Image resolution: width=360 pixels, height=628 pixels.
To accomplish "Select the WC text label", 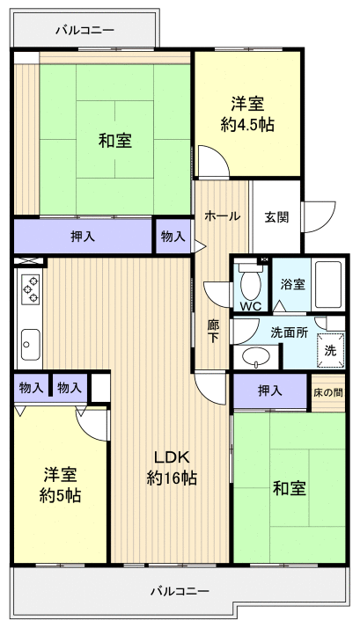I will [x=250, y=306].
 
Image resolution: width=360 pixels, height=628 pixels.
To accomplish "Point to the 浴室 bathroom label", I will [x=293, y=284].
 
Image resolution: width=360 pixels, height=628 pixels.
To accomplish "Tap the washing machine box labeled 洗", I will [x=330, y=349].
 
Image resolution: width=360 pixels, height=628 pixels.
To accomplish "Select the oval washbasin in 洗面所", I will [x=257, y=357].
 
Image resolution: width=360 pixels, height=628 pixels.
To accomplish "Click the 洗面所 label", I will [x=289, y=332].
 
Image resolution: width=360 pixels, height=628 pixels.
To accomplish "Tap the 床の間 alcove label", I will [x=327, y=391].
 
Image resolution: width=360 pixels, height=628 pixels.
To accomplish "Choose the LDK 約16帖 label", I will [x=172, y=467].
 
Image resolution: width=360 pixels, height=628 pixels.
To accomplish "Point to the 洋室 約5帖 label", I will [x=60, y=485].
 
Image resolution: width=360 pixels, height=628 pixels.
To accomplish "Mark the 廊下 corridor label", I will [x=214, y=332].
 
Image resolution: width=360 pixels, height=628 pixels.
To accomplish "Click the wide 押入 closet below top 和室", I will [x=84, y=236].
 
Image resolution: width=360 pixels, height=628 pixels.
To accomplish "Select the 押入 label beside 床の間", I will [x=269, y=391].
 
